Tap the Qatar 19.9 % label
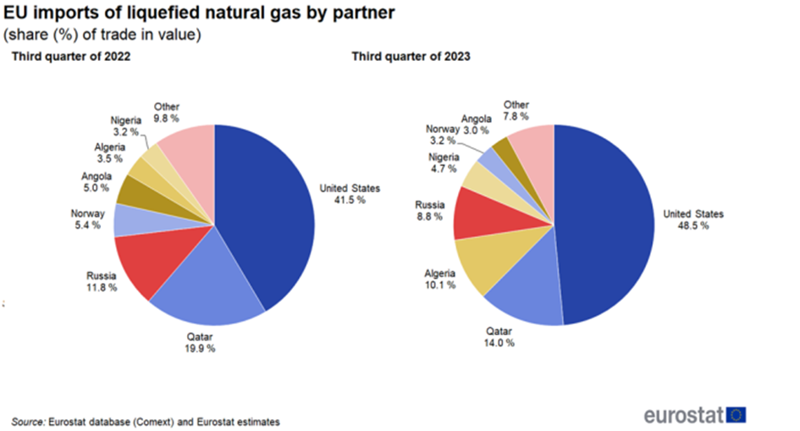tap(201, 341)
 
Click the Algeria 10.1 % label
tap(438, 279)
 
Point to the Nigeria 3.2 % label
tap(126, 126)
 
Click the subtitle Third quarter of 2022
tap(69, 58)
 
